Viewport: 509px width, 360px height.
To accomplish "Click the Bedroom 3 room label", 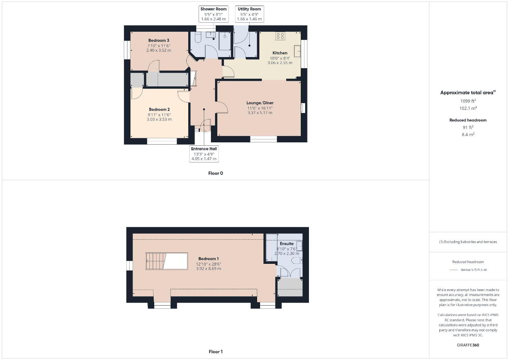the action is coord(159,41).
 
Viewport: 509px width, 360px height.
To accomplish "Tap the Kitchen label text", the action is coord(280,53).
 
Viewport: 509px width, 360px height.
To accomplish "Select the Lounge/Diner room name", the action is coord(260,103).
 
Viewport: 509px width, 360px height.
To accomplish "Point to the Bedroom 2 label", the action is coord(159,110).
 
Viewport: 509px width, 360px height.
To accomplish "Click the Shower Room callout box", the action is coord(214,14).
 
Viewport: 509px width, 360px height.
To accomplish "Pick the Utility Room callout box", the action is coord(249,14).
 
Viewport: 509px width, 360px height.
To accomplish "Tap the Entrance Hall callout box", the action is coord(204,154).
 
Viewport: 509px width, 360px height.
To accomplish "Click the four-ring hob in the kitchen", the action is coord(280,36).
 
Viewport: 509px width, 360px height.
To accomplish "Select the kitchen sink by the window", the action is coord(297,51).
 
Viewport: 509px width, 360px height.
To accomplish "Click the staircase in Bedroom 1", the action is coord(167,261).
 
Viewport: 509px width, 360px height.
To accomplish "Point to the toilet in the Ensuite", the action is coord(297,260).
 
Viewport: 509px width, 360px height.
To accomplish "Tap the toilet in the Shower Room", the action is coord(198,37).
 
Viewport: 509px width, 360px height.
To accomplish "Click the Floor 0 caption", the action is coord(215,173).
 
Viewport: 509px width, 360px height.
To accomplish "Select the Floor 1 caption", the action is coord(215,351).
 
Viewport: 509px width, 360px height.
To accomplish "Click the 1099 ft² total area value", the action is coord(468,101).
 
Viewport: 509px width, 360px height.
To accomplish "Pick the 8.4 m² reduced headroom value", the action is coord(468,135).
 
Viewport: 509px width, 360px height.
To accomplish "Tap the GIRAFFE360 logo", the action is coord(468,345).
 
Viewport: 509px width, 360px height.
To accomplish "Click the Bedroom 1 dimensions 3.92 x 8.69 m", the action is coord(208,269).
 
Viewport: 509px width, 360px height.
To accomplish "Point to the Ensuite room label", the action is coord(287,244).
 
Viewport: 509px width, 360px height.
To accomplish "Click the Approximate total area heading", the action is coord(468,92).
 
